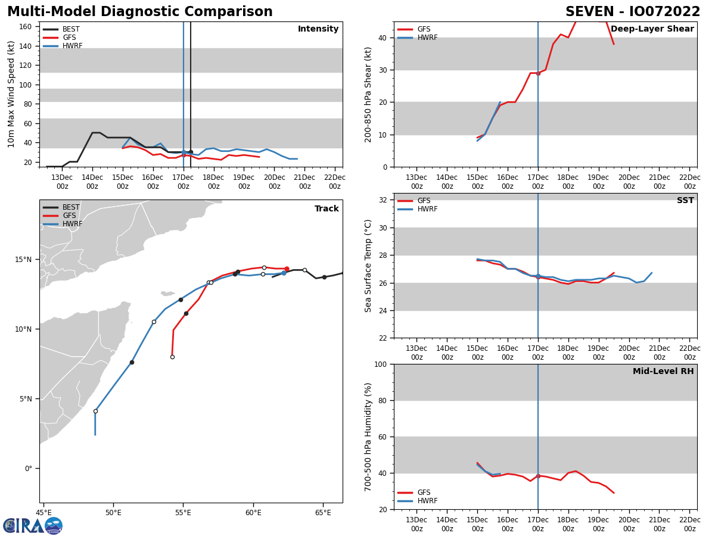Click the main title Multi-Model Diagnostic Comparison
click(x=140, y=12)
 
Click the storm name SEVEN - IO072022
click(x=633, y=12)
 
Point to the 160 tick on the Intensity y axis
click(x=26, y=27)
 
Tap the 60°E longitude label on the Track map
click(x=253, y=512)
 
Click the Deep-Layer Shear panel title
click(x=652, y=29)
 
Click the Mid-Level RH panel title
click(x=663, y=372)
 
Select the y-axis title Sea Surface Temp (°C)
click(x=368, y=266)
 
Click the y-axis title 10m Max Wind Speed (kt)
click(x=12, y=94)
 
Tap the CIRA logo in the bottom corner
click(x=33, y=525)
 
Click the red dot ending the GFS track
click(x=287, y=269)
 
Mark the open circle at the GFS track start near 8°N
click(x=172, y=357)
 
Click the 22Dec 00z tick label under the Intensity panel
click(x=335, y=182)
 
